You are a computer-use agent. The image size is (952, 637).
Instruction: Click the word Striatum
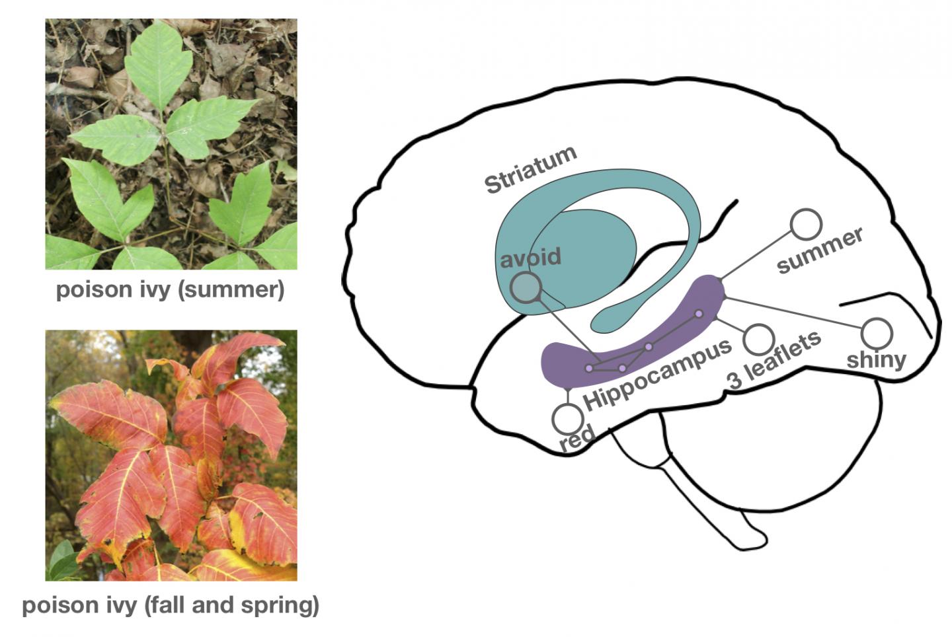pos(531,170)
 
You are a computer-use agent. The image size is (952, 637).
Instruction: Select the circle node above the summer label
pos(806,225)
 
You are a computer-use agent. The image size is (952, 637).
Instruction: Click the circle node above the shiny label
pos(877,332)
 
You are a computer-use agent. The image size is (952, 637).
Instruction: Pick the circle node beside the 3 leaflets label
pos(758,338)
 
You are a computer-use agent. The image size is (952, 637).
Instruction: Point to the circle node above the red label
pos(567,418)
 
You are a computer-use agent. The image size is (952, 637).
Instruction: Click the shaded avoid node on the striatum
pos(526,288)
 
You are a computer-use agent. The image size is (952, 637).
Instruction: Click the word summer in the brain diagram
pos(820,250)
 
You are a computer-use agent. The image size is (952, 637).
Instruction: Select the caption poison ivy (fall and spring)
pos(171,605)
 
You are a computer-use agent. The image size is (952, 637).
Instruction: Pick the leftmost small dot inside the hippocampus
pos(589,368)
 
